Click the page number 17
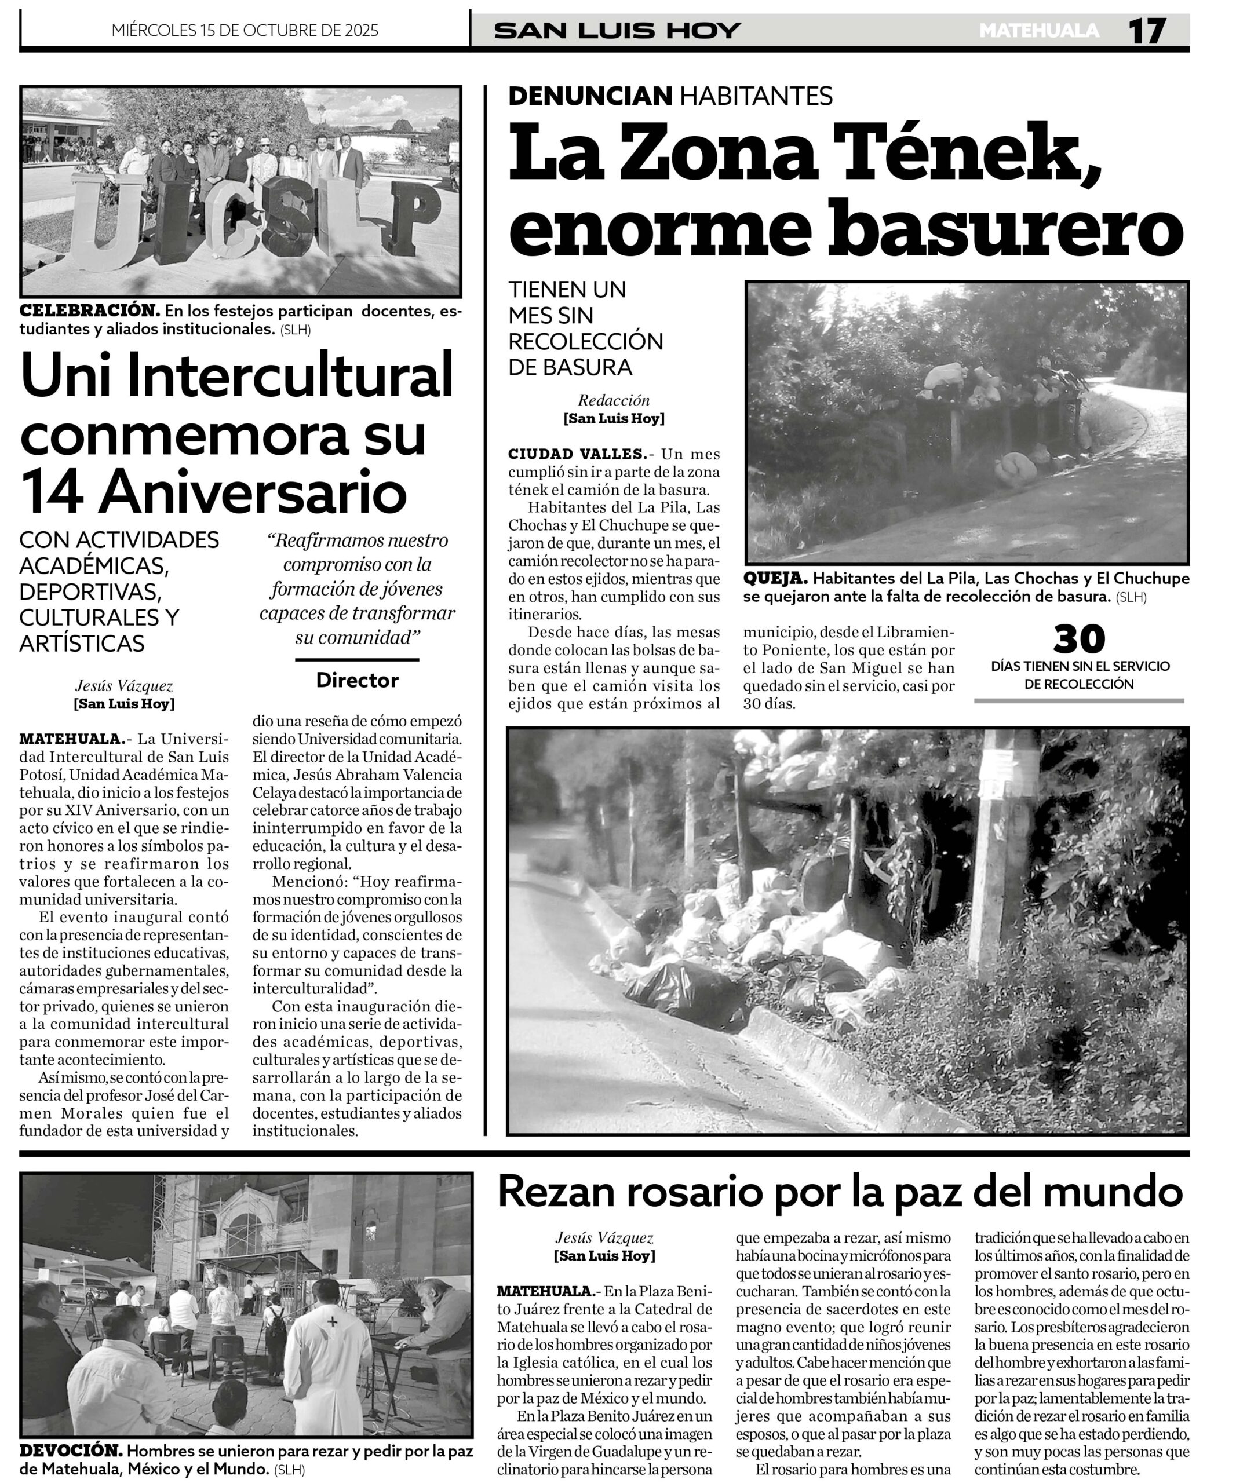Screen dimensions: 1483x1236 coord(1146,31)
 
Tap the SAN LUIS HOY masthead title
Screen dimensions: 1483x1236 coord(617,30)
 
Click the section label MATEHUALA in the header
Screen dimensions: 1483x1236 coord(1039,30)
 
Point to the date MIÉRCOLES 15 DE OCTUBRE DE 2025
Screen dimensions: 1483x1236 coord(245,30)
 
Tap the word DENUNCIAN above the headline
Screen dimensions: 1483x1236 coord(590,96)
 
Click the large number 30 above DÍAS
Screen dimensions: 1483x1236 coord(1078,639)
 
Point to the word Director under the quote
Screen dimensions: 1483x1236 coord(358,680)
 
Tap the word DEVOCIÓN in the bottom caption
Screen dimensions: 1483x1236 coord(71,1451)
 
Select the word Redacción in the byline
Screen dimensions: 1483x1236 coord(613,400)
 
